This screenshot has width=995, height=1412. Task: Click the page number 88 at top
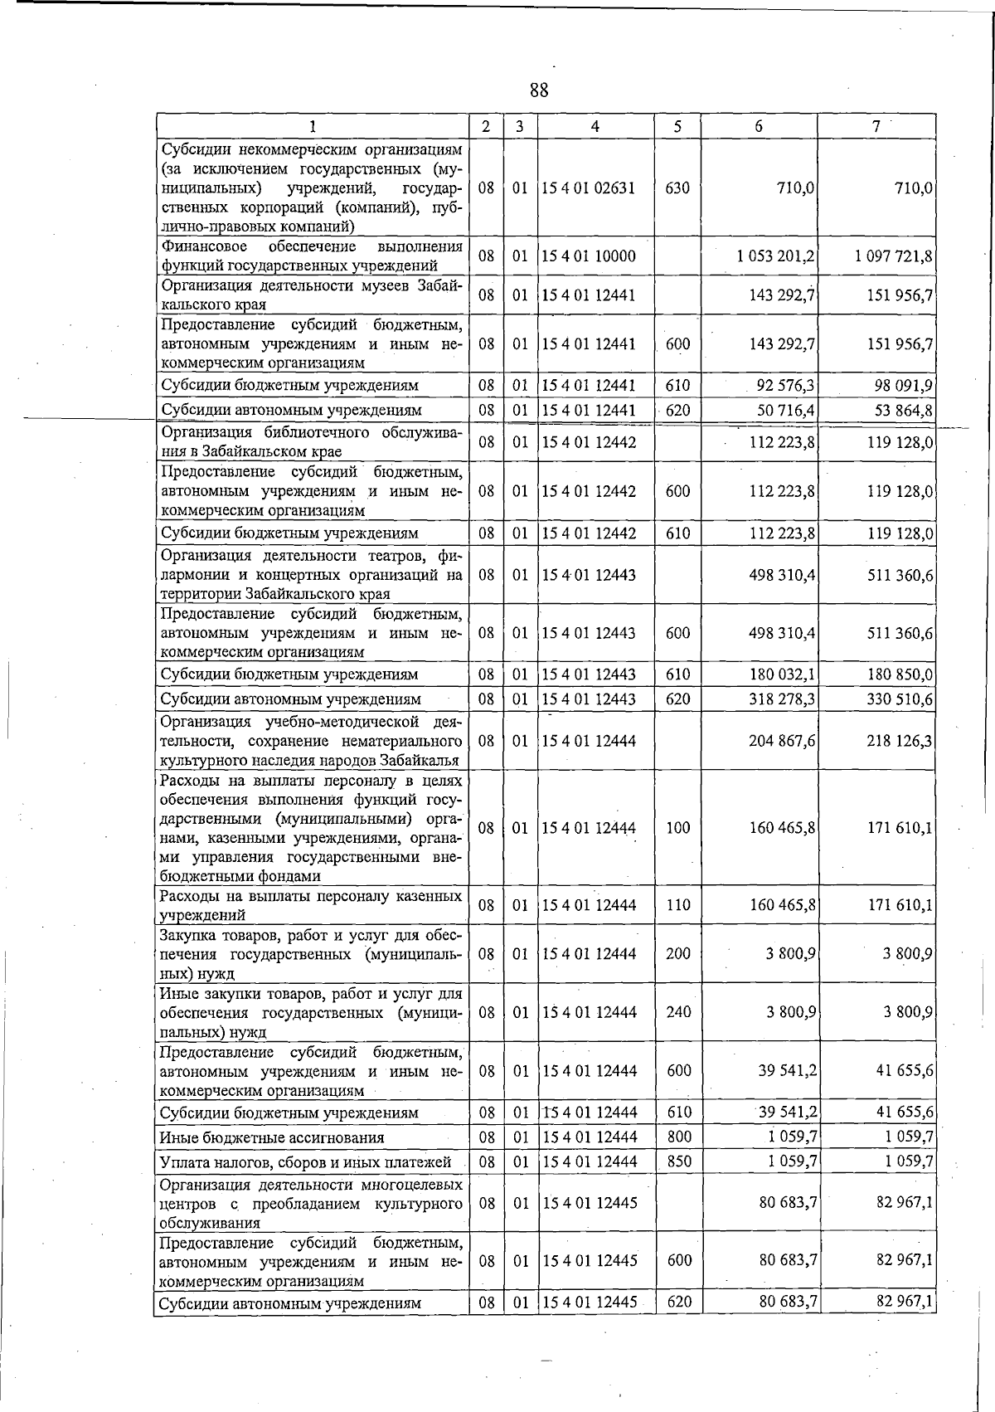(539, 90)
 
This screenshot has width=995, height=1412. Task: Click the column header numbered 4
(595, 126)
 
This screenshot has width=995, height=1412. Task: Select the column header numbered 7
(876, 126)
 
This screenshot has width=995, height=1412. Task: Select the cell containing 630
(677, 187)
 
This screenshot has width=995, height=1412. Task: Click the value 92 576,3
(782, 386)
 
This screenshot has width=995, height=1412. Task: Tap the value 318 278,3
(782, 699)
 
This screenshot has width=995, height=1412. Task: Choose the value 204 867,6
(782, 741)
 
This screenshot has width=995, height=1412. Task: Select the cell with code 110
(678, 905)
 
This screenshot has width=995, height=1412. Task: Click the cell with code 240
(678, 1012)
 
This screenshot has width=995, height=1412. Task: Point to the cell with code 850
(679, 1161)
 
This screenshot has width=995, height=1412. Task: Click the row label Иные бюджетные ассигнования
(272, 1137)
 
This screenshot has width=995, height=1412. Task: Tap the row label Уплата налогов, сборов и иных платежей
(305, 1162)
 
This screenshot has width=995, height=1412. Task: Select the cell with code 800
(679, 1137)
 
